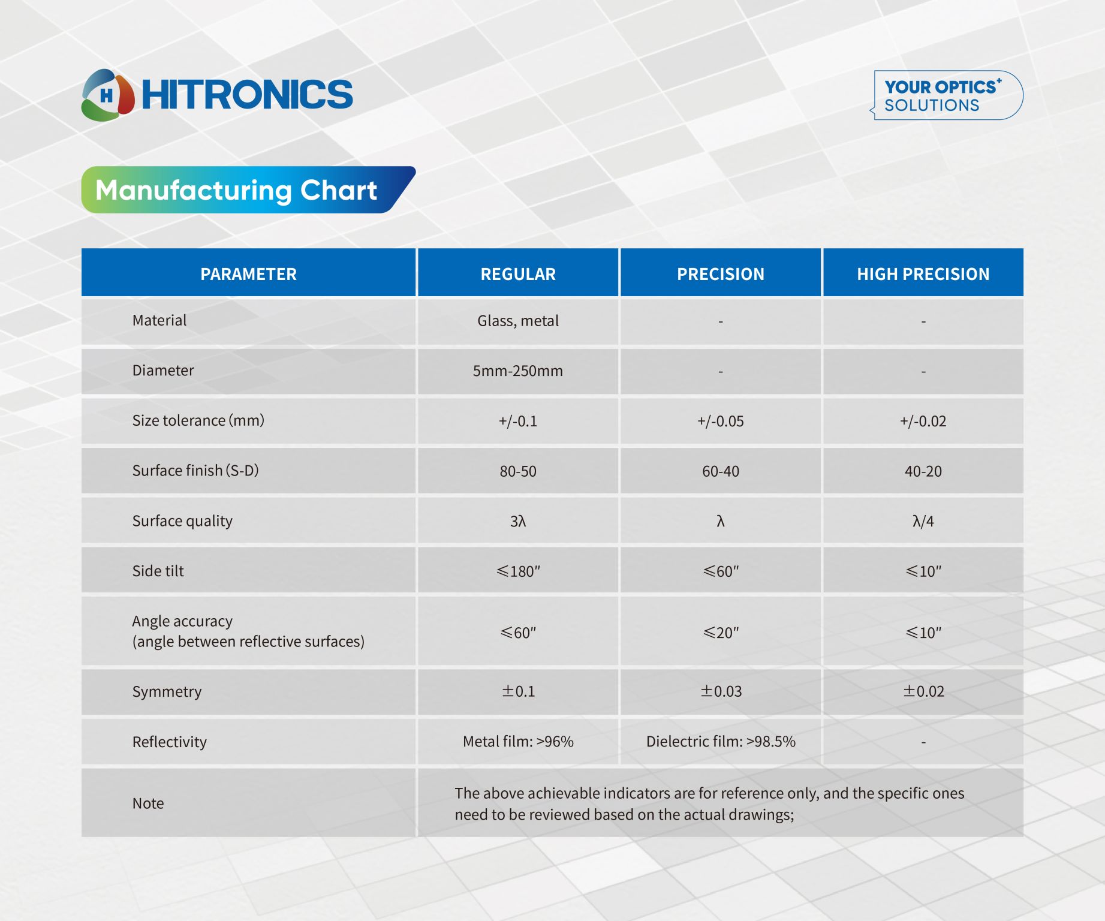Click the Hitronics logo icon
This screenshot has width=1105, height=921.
click(x=108, y=95)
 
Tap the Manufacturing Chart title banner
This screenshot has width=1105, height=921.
click(x=248, y=189)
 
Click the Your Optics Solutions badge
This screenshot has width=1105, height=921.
click(x=948, y=95)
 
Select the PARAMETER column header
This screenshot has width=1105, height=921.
click(x=248, y=274)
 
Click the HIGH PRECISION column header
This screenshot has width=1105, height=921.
click(x=923, y=274)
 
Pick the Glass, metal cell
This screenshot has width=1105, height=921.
click(x=518, y=321)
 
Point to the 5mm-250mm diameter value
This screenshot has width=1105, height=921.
click(x=518, y=371)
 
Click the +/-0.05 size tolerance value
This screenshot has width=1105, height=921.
click(x=721, y=421)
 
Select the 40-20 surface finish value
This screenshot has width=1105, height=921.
click(x=923, y=471)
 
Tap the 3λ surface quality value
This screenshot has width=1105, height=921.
click(x=518, y=521)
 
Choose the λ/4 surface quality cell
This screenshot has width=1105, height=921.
click(x=923, y=521)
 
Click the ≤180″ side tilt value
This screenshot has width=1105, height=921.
click(x=518, y=571)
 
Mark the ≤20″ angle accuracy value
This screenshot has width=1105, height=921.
click(x=721, y=633)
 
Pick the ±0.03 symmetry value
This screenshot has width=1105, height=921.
click(x=721, y=691)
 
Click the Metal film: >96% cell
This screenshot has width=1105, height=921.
click(x=518, y=742)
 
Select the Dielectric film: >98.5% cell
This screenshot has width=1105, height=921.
click(x=721, y=742)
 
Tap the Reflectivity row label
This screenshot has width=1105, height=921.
click(x=170, y=742)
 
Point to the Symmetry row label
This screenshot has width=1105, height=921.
click(x=167, y=691)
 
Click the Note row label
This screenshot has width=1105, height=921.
click(x=148, y=803)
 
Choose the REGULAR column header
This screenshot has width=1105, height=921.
click(x=518, y=274)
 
